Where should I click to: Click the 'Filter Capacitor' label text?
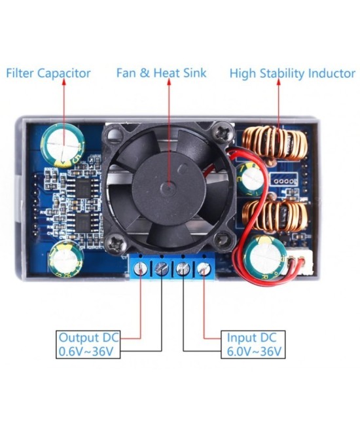(x=48, y=73)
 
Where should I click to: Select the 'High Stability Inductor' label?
(x=292, y=73)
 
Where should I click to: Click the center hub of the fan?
(x=168, y=188)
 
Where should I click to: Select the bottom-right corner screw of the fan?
(x=226, y=242)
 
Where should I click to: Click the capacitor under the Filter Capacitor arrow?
(x=63, y=144)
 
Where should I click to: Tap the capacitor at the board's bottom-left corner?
(x=65, y=257)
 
